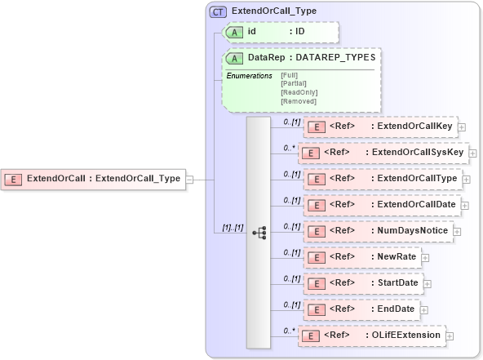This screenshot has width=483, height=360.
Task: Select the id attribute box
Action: point(279,32)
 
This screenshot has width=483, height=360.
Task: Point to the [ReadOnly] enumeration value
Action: point(299,91)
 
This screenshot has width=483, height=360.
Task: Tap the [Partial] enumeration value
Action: point(294,82)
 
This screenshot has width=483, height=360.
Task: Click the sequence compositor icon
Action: point(259,233)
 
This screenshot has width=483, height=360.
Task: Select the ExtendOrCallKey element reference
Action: point(380,127)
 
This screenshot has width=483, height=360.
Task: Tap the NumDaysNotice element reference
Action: point(378,231)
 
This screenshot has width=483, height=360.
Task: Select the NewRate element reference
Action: point(362,257)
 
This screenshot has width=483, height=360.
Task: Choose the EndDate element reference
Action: point(360,309)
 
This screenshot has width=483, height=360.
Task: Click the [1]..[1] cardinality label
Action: point(233,228)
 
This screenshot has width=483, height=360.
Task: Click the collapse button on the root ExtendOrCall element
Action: point(189,179)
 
